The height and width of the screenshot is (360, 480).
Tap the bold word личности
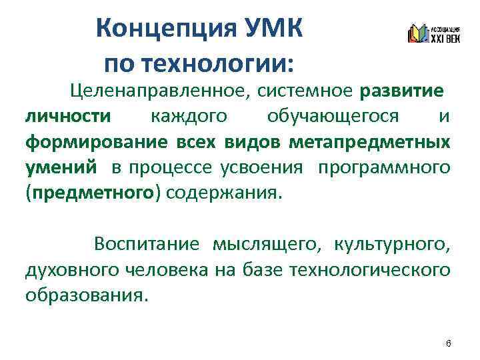click(x=68, y=116)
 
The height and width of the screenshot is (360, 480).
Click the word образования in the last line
click(x=83, y=295)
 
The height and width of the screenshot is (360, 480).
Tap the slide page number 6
click(x=448, y=343)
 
